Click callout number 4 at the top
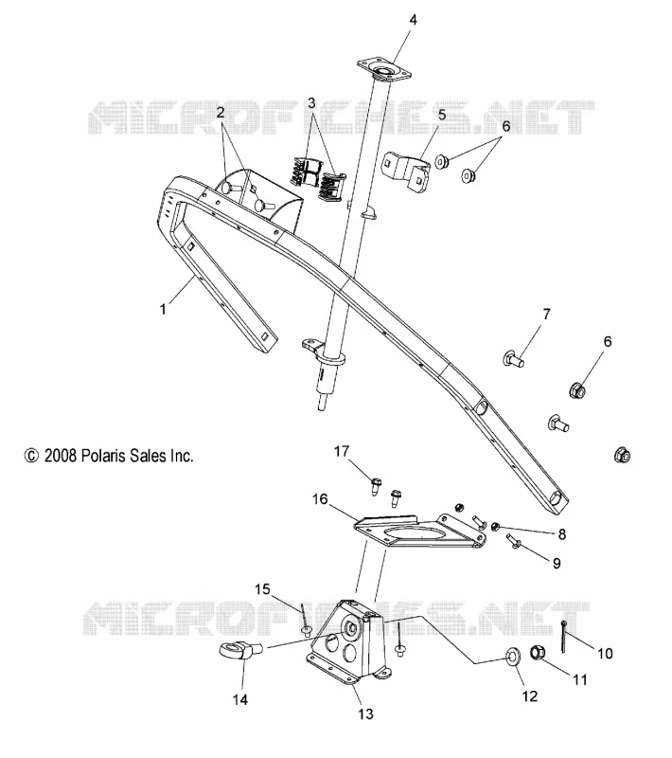pos(413,20)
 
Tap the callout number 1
pos(163,309)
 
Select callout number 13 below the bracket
pos(366,713)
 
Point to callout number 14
pos(240,699)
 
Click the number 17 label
pos(342,451)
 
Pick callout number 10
pos(605,654)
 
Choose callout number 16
pos(320,499)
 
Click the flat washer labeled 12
pos(513,657)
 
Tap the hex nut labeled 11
pos(538,652)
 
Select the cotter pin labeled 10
pos(563,637)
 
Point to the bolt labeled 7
pos(514,359)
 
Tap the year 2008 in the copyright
pos(61,456)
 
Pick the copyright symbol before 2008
pos(31,456)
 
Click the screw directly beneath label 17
pos(376,485)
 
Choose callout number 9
pos(557,563)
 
